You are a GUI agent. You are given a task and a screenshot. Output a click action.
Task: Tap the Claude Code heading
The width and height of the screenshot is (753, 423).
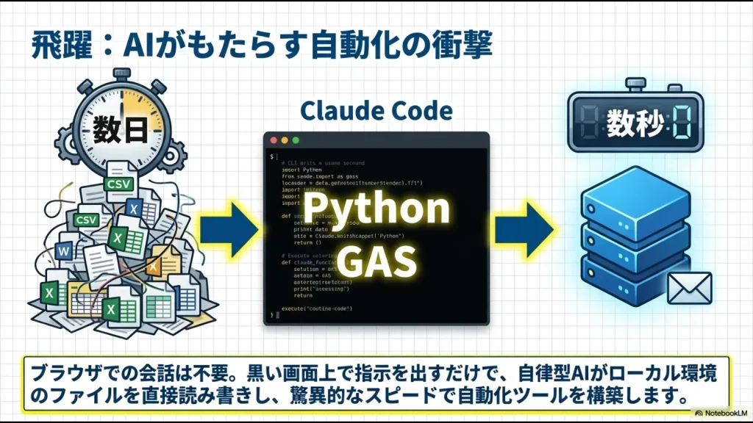click(376, 112)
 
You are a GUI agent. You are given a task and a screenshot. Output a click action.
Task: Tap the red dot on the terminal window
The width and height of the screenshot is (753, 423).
click(274, 140)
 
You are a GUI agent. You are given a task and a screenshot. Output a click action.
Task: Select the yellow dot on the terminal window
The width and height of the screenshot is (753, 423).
click(285, 140)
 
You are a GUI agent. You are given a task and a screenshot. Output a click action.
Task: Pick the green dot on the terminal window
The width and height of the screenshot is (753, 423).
click(296, 140)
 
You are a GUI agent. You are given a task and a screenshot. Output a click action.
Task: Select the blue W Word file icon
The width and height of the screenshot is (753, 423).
click(63, 252)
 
